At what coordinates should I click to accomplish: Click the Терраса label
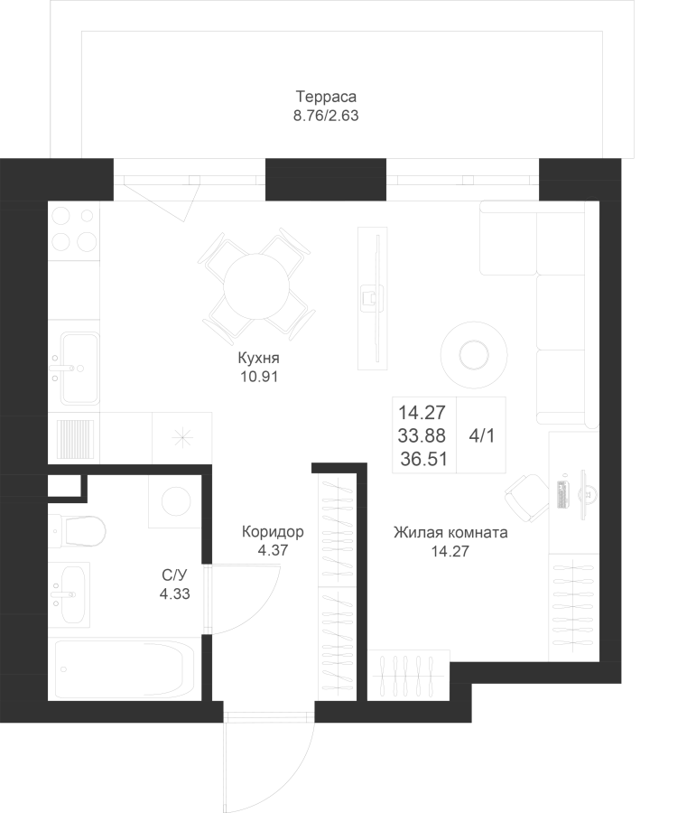coord(326,97)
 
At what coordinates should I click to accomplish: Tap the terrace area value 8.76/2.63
coord(326,116)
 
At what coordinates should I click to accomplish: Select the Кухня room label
coord(258,358)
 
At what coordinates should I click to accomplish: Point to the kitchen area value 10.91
coord(258,377)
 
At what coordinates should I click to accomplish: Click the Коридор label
coord(273,531)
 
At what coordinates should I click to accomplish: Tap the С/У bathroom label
coord(174,575)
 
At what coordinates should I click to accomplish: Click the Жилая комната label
coord(450,532)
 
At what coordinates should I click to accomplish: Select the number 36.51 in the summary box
coord(423,460)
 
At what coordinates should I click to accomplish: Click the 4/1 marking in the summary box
coord(481,436)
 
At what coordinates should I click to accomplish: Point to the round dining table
coord(256,286)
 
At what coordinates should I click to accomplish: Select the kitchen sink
coord(79,369)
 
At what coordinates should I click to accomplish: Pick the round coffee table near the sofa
coord(474,355)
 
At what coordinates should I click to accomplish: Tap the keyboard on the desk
coord(562,494)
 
